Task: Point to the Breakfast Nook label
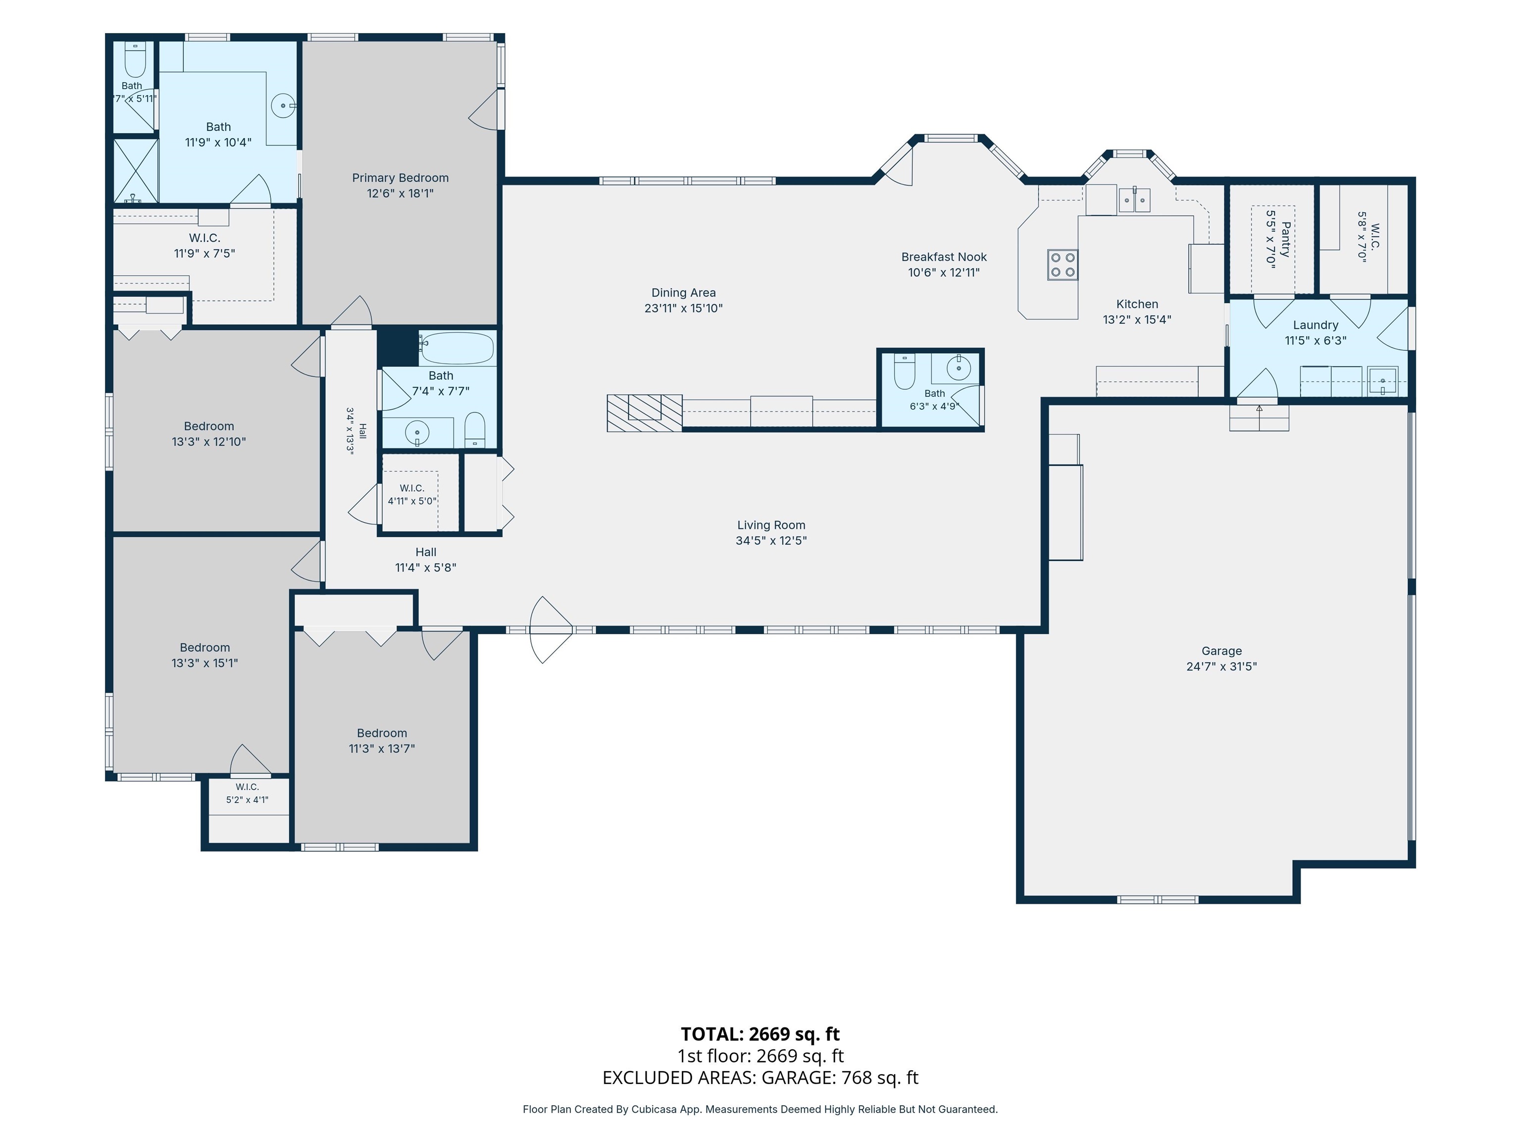(943, 257)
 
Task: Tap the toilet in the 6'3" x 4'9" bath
(904, 371)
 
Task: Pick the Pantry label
(1286, 239)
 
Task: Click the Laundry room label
(1316, 325)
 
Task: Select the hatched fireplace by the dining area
(644, 413)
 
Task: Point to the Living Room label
(771, 525)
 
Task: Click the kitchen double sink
(1134, 200)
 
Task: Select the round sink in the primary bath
(283, 106)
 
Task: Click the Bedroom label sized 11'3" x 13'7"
(382, 733)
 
